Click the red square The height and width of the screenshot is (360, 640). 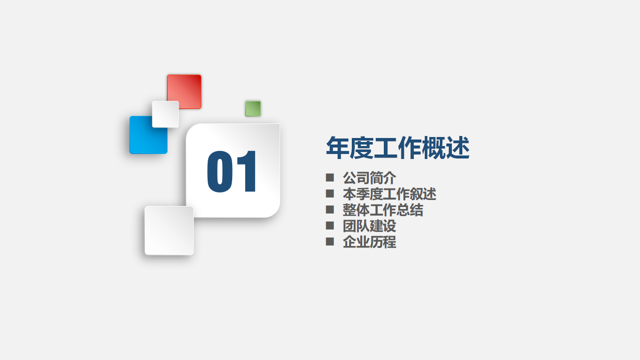184,91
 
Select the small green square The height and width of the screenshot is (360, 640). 253,108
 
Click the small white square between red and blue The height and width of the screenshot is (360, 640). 165,114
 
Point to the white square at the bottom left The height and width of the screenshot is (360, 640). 169,230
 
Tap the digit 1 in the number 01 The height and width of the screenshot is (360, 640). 247,171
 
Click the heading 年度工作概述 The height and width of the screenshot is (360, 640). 397,148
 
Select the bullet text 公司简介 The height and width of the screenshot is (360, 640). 369,177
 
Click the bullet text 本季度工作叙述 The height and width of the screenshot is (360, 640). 389,193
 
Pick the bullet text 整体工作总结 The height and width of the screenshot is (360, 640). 383,209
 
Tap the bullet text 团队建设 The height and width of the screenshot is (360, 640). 369,225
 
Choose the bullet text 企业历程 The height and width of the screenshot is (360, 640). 369,241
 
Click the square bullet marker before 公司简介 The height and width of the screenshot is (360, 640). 330,177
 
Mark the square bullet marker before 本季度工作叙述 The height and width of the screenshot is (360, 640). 330,193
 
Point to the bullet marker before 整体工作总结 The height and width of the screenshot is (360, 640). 330,209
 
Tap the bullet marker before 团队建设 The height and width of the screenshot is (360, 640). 330,225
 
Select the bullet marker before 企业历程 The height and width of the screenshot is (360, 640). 330,241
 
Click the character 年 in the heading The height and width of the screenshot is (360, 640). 338,148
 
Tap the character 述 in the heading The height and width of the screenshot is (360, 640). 457,148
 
